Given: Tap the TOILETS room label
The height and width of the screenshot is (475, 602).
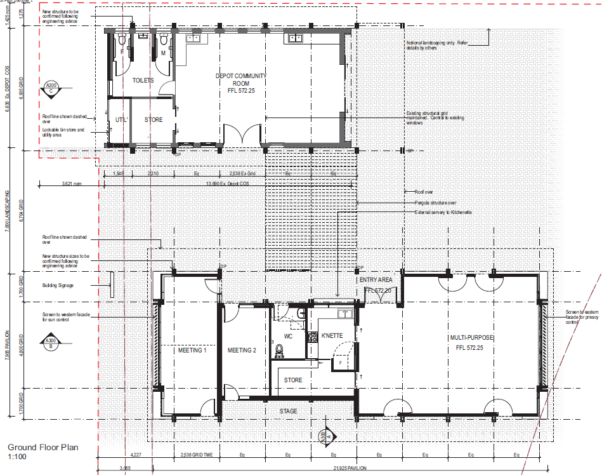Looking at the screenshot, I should pyautogui.click(x=143, y=81).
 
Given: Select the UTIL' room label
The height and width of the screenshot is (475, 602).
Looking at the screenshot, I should pyautogui.click(x=121, y=120).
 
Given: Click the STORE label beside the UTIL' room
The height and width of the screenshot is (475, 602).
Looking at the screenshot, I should pyautogui.click(x=153, y=120).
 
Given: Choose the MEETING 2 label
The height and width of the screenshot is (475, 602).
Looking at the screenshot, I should pyautogui.click(x=242, y=351).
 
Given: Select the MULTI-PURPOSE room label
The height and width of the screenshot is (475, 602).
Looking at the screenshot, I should pyautogui.click(x=471, y=337).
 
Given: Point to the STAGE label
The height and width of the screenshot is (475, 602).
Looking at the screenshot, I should pyautogui.click(x=289, y=411).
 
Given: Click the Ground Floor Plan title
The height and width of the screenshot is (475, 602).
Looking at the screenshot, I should pyautogui.click(x=43, y=447).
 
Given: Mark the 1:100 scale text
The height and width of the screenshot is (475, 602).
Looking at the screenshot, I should pyautogui.click(x=17, y=457).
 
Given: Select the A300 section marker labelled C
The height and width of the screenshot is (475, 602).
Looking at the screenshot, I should pyautogui.click(x=50, y=88).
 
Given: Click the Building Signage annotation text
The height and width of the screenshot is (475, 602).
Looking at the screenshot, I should pyautogui.click(x=58, y=286).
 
